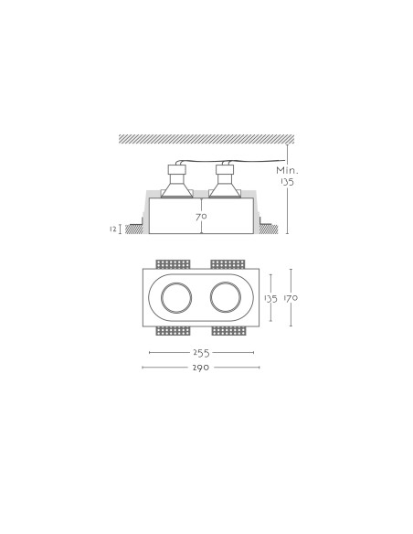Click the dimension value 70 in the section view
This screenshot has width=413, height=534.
click(x=201, y=217)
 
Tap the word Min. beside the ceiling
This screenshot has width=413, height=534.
click(x=287, y=170)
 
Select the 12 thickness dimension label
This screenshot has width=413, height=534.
click(x=113, y=230)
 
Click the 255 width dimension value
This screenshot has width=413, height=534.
click(x=201, y=353)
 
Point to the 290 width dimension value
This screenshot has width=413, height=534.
click(x=201, y=368)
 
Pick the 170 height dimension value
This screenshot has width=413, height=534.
click(x=291, y=298)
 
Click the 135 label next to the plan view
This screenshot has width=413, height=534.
click(x=270, y=299)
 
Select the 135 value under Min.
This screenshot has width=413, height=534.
click(x=287, y=182)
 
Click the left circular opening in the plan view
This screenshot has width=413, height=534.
click(x=161, y=298)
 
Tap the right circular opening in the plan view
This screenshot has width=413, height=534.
click(x=210, y=298)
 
